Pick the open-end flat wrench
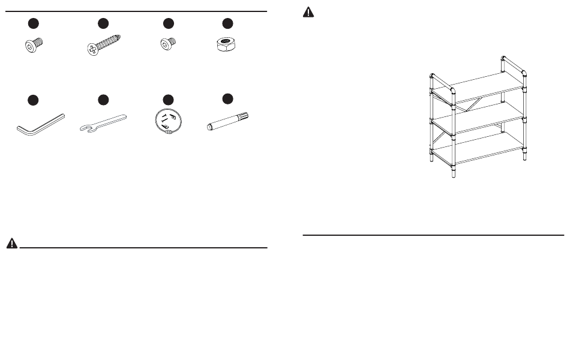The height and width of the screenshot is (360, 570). point(103,123)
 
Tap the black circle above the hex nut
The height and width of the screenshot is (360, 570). point(227,24)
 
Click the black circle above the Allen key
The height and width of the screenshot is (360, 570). point(34,99)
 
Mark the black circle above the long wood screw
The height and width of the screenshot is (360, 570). point(103,24)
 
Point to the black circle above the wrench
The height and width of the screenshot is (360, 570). point(103,99)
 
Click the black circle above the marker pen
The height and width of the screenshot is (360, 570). point(227,98)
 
